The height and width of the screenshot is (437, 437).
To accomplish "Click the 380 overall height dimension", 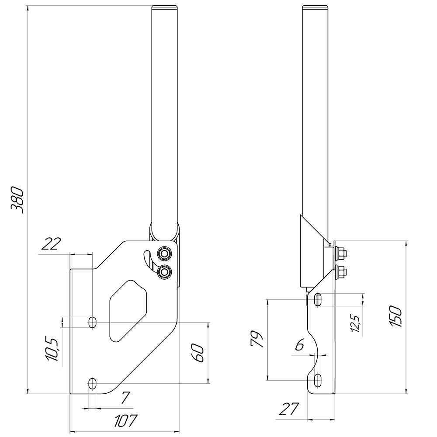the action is tap(17, 200).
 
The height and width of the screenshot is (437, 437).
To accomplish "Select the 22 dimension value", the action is tap(51, 244).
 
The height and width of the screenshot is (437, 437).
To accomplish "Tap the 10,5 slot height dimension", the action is tap(52, 350).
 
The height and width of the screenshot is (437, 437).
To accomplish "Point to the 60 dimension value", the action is tap(198, 353).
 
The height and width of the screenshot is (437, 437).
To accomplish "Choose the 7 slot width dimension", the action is tap(125, 398).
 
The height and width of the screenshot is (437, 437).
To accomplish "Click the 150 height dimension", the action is tap(396, 316).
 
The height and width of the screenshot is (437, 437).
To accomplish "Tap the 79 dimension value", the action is tap(257, 339).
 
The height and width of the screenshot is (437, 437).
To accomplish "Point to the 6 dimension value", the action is tap(299, 346).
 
